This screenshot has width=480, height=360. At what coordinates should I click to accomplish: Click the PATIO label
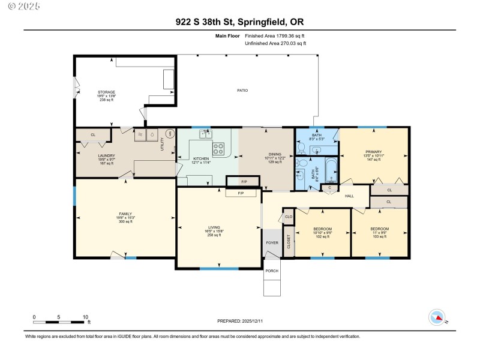(x=242, y=90)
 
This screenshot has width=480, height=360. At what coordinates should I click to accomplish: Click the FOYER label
(x=272, y=242)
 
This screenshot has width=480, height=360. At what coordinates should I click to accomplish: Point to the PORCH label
(x=272, y=271)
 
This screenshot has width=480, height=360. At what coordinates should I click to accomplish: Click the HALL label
(x=349, y=196)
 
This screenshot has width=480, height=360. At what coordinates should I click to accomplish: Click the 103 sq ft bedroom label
(x=379, y=232)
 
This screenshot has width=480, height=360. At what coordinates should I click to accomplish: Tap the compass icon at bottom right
(x=437, y=317)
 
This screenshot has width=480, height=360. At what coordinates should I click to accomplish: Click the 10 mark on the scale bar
(x=85, y=317)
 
